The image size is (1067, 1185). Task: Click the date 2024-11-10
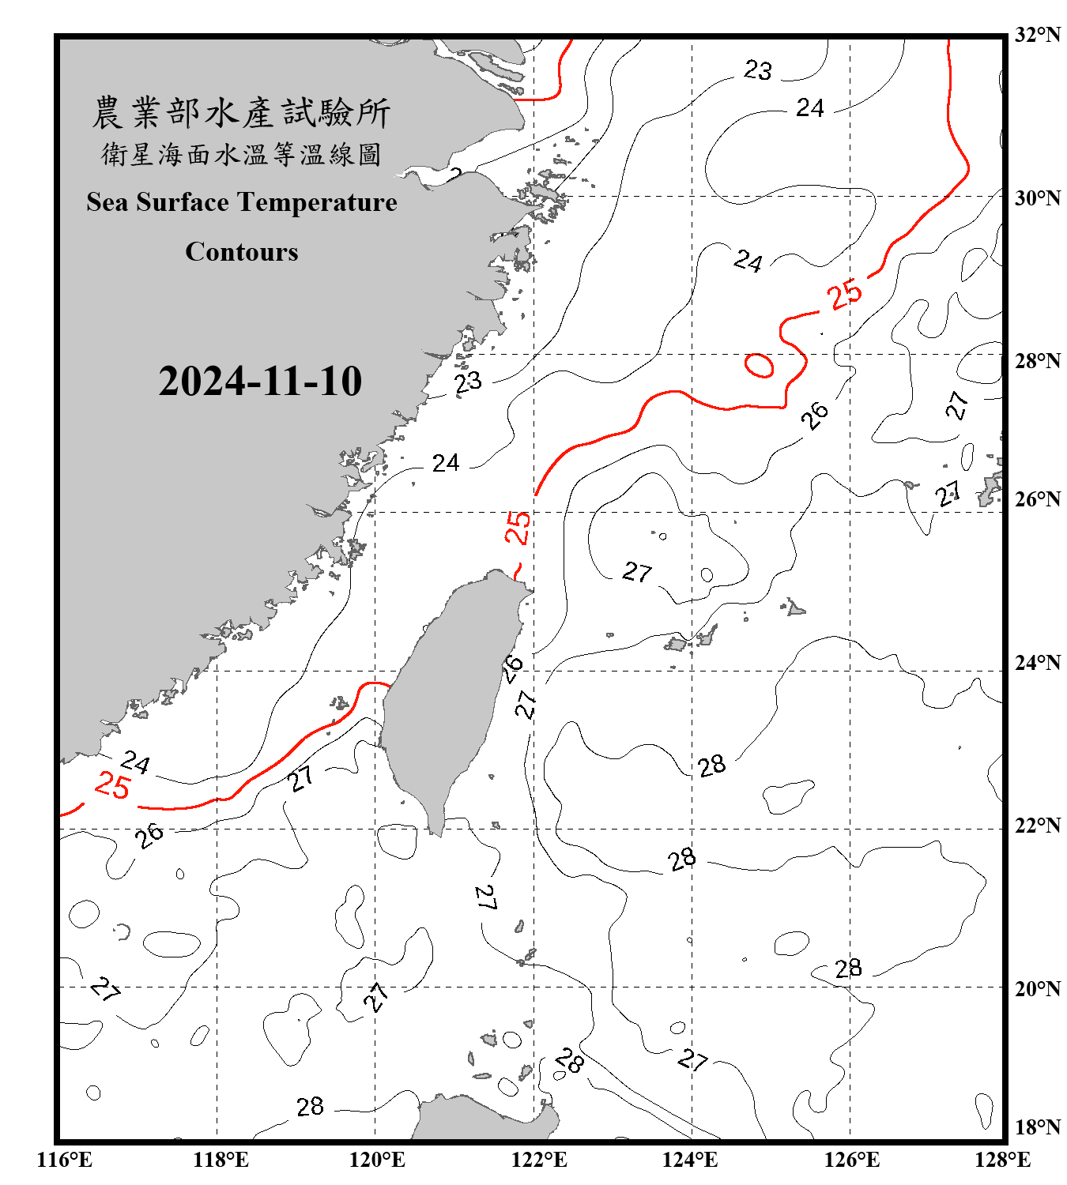coord(260,381)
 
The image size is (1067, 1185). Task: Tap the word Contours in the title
coord(242,252)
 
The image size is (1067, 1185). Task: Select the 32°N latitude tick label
coord(1037,35)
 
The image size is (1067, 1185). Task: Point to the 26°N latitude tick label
coord(1037,499)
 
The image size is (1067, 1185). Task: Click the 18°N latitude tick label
coord(1037,1127)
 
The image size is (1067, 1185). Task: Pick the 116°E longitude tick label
coord(65,1160)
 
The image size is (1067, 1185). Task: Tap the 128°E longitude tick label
coord(1002,1160)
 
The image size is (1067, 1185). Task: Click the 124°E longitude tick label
coord(690,1160)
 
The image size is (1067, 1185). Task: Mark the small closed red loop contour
coord(759,365)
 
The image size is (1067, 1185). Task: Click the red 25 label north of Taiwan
coord(518,527)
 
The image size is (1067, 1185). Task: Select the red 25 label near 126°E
coord(845,295)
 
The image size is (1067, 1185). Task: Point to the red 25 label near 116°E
coord(111,786)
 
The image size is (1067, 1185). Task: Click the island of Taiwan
coord(447,695)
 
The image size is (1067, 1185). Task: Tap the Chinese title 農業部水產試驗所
coord(241,113)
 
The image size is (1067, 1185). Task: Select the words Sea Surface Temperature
coord(242,202)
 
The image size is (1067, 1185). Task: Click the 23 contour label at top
coord(757,70)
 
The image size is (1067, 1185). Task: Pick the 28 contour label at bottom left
coord(310,1107)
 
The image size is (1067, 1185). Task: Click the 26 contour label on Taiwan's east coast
coord(513,668)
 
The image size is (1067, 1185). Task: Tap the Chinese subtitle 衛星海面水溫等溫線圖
coord(241,154)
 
